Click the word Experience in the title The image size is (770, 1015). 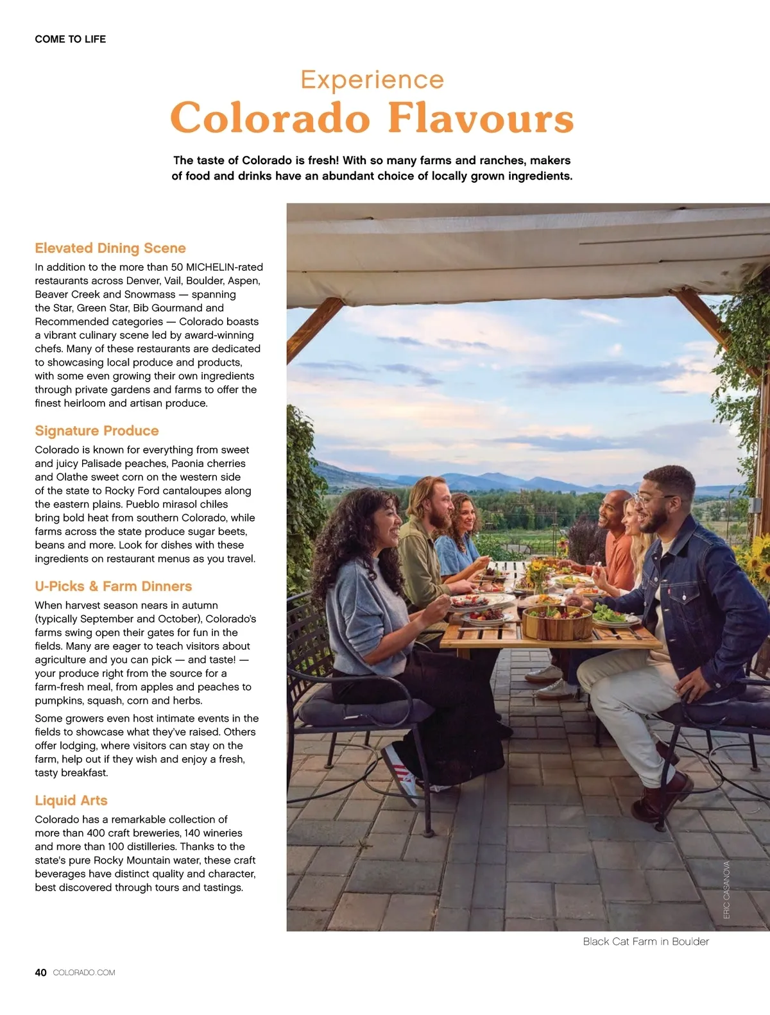[372, 80]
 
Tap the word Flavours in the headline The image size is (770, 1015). [481, 118]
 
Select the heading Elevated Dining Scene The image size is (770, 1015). [110, 248]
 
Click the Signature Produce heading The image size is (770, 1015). [97, 431]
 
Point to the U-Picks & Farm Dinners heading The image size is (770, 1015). [114, 586]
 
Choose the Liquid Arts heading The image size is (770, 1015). [71, 800]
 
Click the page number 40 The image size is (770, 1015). [40, 973]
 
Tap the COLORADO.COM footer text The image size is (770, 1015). [84, 973]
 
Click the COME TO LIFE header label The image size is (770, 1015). [71, 39]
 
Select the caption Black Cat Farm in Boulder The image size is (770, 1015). [646, 941]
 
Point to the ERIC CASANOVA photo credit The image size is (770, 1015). [727, 890]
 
